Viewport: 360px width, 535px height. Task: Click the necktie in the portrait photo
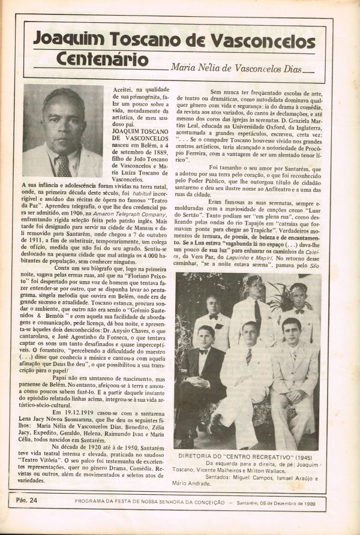[x=63, y=166]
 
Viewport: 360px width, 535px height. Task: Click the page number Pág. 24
[x=26, y=498]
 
